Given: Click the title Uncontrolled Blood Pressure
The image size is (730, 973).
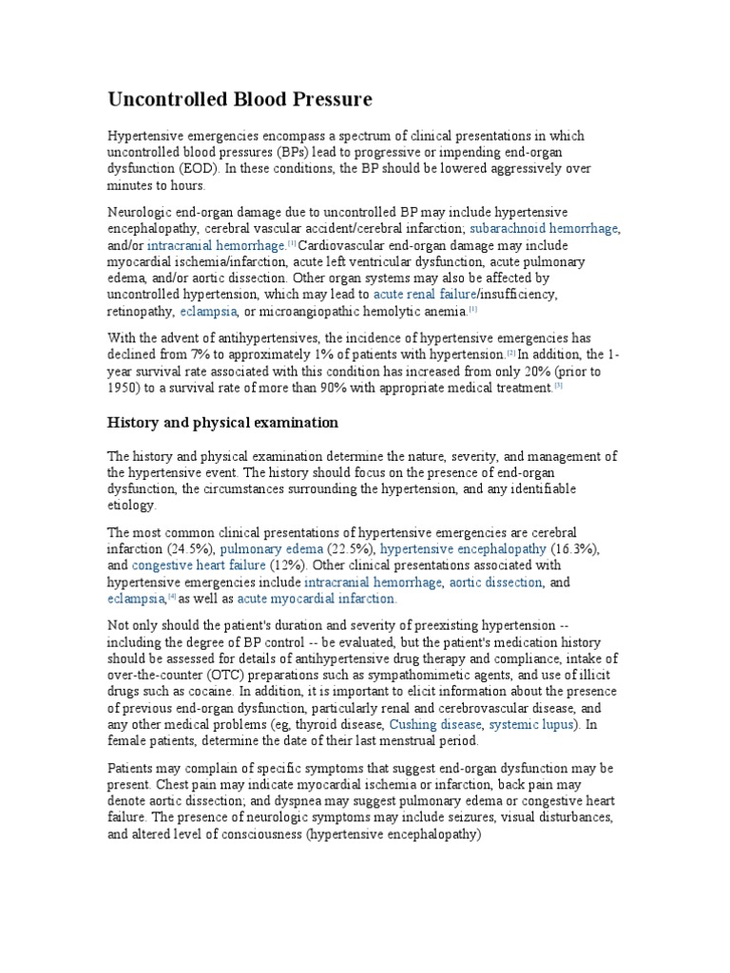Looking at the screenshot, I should [x=240, y=99].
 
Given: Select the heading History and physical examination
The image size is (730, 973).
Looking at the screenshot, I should [x=222, y=421].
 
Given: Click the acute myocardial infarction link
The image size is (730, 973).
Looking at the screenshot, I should [x=317, y=600].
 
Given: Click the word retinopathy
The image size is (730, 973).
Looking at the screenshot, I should [x=140, y=311].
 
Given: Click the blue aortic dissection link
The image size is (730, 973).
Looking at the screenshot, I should [x=494, y=582].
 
